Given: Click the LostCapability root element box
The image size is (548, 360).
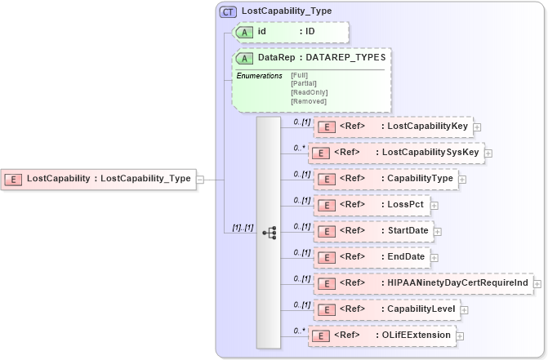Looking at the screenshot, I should pos(99,179).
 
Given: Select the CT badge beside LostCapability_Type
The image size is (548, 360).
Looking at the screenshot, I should pos(228,11).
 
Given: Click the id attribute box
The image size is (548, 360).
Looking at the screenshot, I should pos(291,32).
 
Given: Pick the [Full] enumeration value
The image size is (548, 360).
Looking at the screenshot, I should pos(300,76).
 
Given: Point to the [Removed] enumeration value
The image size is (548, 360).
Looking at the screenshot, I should pos(308,101).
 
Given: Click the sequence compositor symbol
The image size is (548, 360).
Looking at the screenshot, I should pos(269,233).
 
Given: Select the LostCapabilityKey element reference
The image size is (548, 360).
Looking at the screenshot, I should pos(393,127).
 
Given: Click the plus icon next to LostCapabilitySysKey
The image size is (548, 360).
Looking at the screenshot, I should pos(489,153).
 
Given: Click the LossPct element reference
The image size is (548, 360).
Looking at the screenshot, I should pos(372,205).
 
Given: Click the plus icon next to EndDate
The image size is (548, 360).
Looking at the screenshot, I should pos(436,257).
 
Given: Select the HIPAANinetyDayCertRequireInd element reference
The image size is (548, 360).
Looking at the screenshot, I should pos(422,283).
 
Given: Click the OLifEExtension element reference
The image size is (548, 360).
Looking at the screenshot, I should pos(384,336).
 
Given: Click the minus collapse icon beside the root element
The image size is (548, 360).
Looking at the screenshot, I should pos(200,179).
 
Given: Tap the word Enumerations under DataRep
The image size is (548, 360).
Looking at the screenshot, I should pos(259,76).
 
